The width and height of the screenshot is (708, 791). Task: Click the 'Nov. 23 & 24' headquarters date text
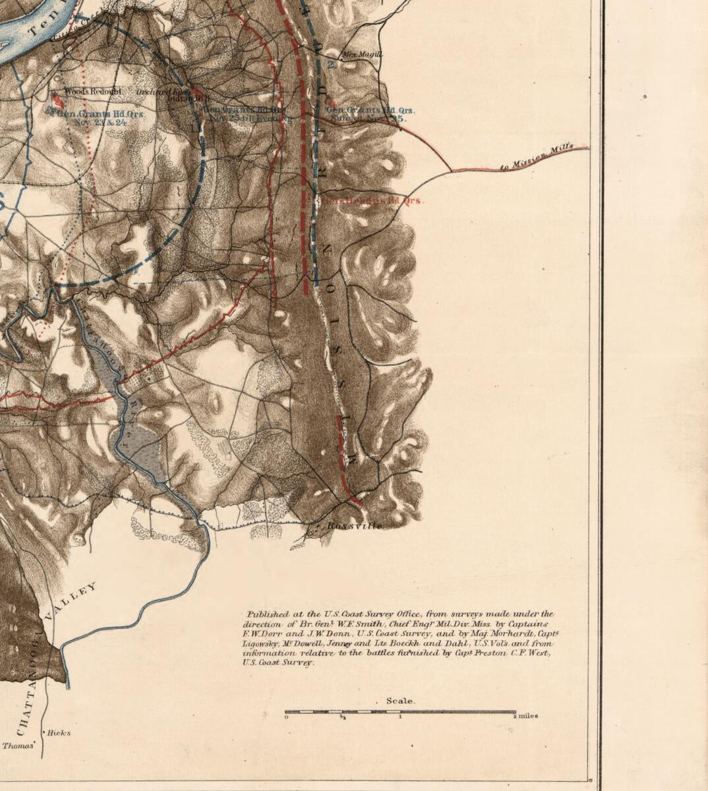(x=101, y=122)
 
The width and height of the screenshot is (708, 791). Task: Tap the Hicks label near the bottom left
(x=59, y=733)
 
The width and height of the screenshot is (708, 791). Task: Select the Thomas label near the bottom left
(x=18, y=746)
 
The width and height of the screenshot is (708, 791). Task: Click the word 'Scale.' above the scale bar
(x=400, y=701)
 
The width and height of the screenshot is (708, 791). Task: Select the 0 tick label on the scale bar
(x=286, y=717)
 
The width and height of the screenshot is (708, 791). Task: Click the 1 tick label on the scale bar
(x=400, y=717)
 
